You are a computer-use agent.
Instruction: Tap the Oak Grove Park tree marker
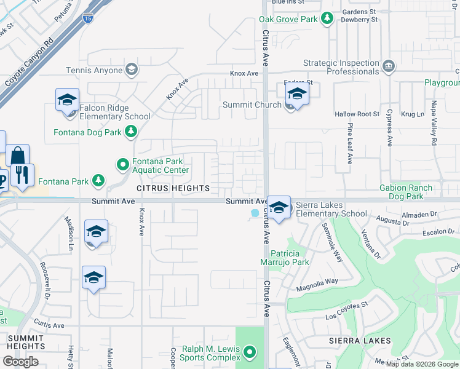(x=327, y=19)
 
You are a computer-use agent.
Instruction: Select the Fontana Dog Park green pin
(x=130, y=131)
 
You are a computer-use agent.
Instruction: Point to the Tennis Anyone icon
(x=130, y=69)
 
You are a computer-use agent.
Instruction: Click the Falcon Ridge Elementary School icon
(x=67, y=101)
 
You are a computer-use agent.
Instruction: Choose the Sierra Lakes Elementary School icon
(x=279, y=208)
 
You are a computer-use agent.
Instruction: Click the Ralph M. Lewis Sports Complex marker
(x=249, y=352)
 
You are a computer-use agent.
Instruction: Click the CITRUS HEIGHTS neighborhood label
(x=173, y=188)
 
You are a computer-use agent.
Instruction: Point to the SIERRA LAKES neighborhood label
(x=360, y=341)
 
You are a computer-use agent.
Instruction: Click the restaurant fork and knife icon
(x=22, y=175)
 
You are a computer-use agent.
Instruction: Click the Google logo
(x=20, y=361)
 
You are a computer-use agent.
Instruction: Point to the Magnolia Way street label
(x=317, y=281)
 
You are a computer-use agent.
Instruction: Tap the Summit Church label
(x=252, y=105)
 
